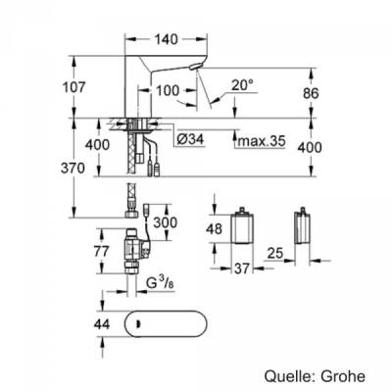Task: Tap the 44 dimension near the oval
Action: coord(88,322)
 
